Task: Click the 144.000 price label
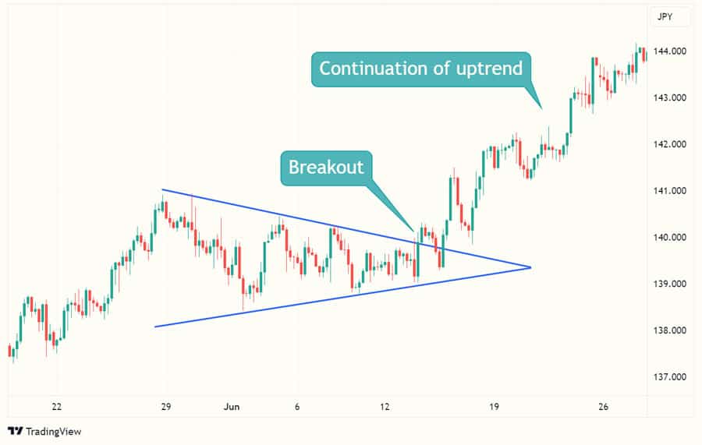[669, 51]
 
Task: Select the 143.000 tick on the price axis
[669, 97]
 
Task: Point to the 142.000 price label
[669, 144]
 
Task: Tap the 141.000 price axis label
[669, 190]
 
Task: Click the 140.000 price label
[669, 237]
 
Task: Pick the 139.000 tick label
[669, 284]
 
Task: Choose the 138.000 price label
[669, 330]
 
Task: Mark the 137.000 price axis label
[669, 376]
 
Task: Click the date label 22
[56, 407]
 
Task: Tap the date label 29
[165, 407]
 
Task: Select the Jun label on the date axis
[232, 407]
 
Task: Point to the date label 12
[385, 407]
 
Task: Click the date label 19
[494, 407]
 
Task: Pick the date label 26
[603, 407]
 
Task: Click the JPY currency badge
[665, 17]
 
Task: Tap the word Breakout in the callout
[326, 168]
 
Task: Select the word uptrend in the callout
[489, 69]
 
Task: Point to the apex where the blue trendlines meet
[530, 267]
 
